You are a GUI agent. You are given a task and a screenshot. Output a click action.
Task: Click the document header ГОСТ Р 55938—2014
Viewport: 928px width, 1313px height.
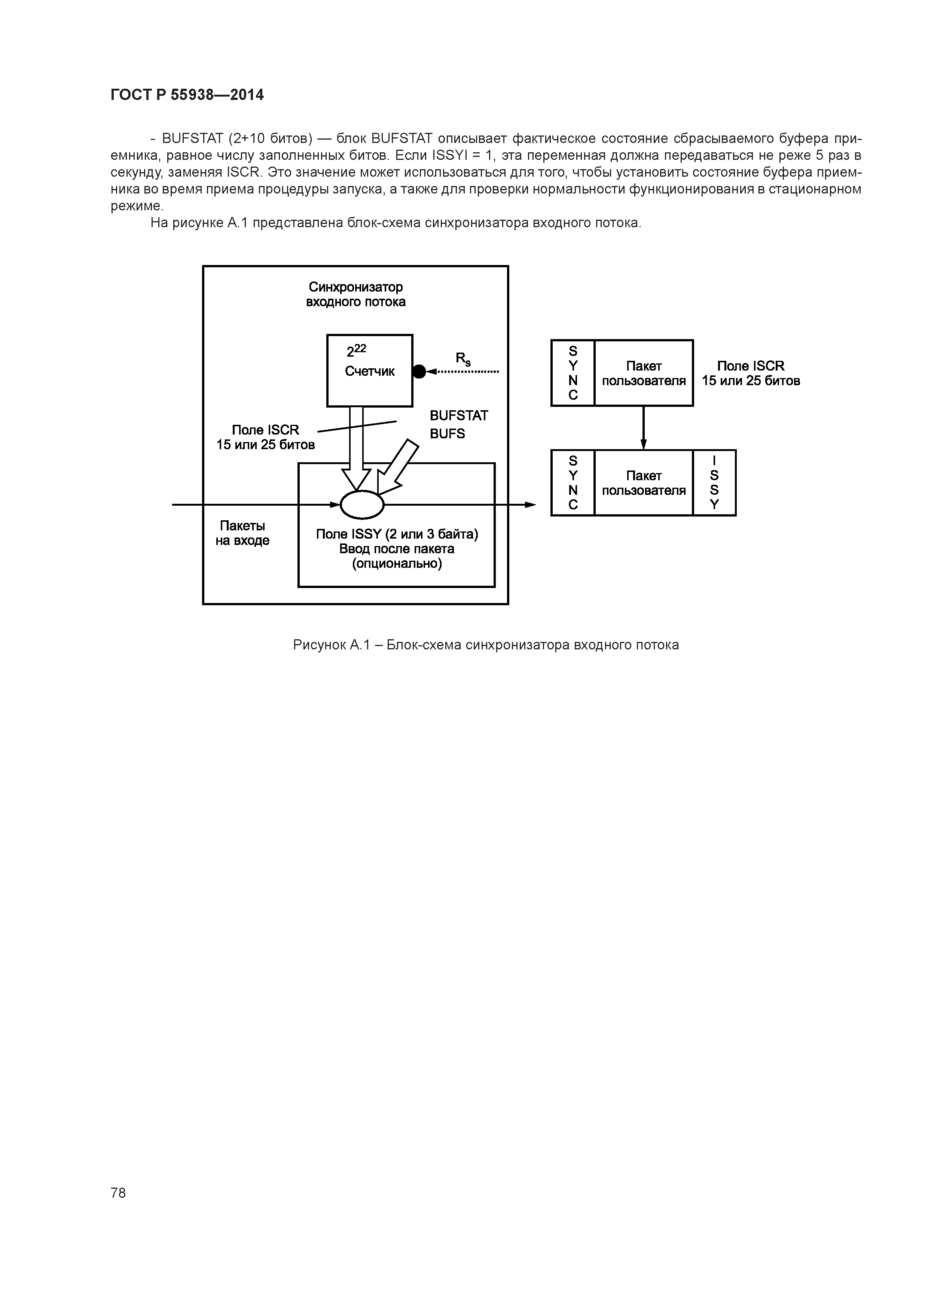[x=187, y=95]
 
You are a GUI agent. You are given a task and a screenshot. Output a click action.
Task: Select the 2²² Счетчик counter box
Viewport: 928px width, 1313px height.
[x=369, y=371]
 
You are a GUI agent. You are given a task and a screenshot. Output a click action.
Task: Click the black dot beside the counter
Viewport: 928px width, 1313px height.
[x=419, y=372]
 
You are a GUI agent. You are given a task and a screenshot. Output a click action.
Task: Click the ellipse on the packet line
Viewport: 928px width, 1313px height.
[x=362, y=505]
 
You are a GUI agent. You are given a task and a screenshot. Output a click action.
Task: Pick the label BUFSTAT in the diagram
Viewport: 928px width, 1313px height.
[x=458, y=416]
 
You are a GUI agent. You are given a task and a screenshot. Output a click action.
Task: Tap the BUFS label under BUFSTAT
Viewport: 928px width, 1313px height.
[x=447, y=433]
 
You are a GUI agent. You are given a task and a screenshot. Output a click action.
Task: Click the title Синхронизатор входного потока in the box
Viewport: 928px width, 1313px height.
[x=355, y=294]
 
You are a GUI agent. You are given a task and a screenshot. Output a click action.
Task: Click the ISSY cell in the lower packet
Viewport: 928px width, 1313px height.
[x=714, y=483]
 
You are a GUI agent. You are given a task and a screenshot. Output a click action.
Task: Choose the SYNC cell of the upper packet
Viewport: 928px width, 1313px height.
[x=573, y=373]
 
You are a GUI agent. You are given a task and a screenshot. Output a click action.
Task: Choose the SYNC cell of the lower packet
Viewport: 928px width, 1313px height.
[x=573, y=483]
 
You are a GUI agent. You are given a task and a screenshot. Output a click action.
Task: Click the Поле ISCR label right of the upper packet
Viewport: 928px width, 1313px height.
[x=751, y=373]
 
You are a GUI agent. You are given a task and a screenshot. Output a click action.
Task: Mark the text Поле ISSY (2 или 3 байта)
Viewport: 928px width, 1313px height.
[x=397, y=534]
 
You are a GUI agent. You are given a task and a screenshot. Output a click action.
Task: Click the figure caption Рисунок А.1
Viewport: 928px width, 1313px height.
[x=485, y=645]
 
